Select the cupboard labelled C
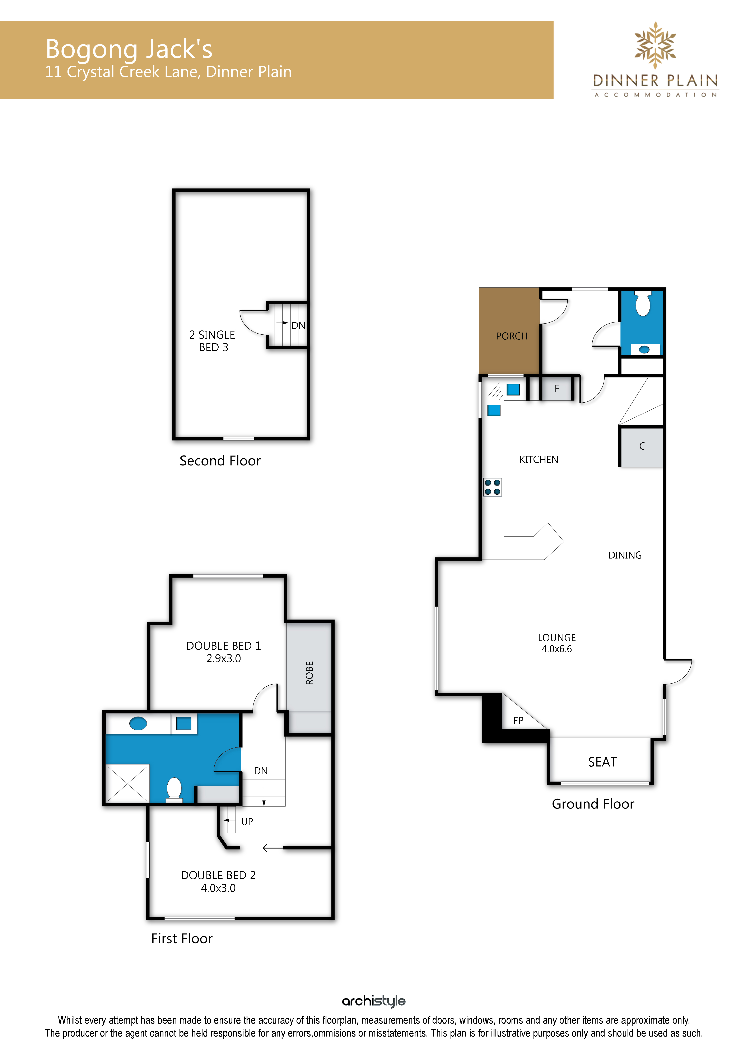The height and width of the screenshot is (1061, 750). pyautogui.click(x=642, y=446)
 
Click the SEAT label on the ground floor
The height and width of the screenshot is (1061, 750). pyautogui.click(x=603, y=762)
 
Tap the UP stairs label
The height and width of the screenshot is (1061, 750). pyautogui.click(x=247, y=822)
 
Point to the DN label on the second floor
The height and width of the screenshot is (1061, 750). pyautogui.click(x=298, y=326)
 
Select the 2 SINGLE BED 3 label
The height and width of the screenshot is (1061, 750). pyautogui.click(x=213, y=341)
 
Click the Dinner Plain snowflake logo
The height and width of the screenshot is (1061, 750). pyautogui.click(x=655, y=45)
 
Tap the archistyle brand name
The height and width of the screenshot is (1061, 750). pyautogui.click(x=374, y=1001)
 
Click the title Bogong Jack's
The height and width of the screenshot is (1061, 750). pyautogui.click(x=129, y=49)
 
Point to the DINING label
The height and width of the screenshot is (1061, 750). pyautogui.click(x=625, y=555)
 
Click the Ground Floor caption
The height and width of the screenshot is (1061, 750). pyautogui.click(x=593, y=804)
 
